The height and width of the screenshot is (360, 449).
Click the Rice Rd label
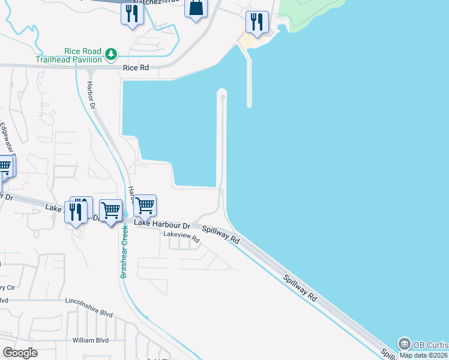136,68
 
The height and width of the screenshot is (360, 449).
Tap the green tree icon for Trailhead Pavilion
110,55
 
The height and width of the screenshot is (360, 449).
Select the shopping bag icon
196,9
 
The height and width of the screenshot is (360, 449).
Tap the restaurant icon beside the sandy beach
257,22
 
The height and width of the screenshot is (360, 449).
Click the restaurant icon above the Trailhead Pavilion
132,13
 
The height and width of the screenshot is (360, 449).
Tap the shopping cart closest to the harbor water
145,206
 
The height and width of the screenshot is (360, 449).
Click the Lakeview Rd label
181,238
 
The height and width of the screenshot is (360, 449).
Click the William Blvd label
90,340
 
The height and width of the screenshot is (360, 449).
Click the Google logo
20,352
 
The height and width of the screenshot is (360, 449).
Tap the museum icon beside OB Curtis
404,344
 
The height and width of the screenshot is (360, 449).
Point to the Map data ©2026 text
424,355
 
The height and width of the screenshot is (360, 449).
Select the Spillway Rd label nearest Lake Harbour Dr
220,234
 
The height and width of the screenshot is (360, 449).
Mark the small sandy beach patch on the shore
248,41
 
